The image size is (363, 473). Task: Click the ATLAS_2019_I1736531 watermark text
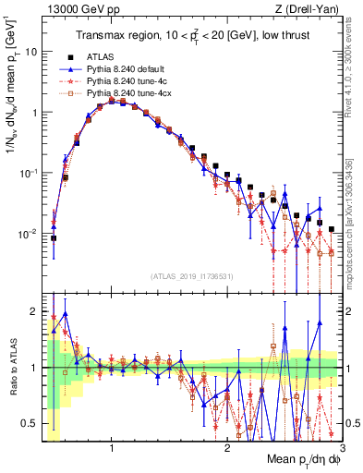pyautogui.click(x=191, y=275)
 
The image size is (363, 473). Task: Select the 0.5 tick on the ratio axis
pyautogui.click(x=30, y=423)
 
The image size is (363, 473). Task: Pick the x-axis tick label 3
pyautogui.click(x=343, y=446)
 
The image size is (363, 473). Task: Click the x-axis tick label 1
pyautogui.click(x=112, y=446)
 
